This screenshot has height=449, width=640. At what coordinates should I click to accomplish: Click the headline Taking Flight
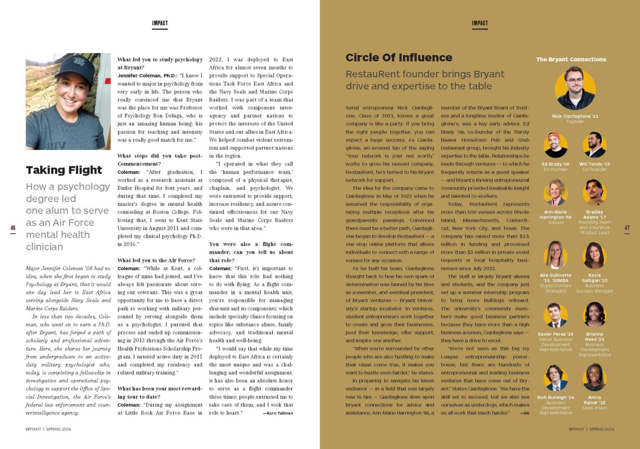(64, 170)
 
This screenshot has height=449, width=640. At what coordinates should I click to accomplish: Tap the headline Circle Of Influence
(399, 57)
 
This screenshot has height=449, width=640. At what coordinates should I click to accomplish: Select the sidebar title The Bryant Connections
(571, 60)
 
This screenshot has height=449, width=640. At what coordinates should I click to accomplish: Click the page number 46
(13, 228)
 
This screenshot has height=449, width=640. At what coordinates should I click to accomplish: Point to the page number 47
(627, 228)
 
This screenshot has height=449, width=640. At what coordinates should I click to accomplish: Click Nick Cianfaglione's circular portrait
(575, 89)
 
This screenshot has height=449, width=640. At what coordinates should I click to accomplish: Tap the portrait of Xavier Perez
(555, 316)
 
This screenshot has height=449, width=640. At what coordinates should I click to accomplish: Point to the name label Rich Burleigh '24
(555, 397)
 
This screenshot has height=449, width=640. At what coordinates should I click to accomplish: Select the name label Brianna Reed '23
(595, 337)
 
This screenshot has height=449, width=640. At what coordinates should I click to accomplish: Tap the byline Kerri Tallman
(277, 413)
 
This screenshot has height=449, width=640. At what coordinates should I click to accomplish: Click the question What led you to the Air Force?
(156, 260)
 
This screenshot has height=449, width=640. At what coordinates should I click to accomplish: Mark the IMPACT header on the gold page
(480, 23)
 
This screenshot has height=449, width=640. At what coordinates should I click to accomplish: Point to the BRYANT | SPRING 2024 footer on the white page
(48, 429)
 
